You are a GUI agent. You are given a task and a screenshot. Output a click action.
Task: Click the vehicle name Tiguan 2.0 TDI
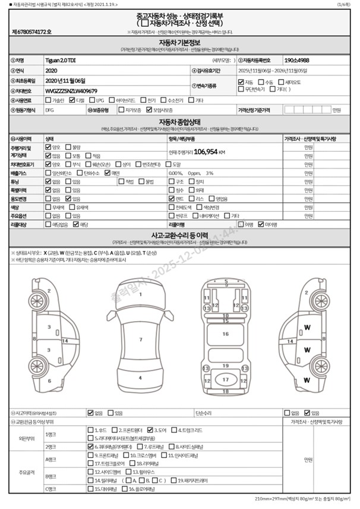coord(61,60)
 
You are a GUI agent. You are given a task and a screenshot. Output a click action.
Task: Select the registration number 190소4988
coord(296,60)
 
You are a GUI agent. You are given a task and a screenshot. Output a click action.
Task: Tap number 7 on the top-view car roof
coord(140,340)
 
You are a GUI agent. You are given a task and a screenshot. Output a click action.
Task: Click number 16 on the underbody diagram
coord(225,334)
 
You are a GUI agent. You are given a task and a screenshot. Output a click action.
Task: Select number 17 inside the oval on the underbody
coord(225,379)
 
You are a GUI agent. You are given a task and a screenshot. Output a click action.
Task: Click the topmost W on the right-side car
coord(307,328)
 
